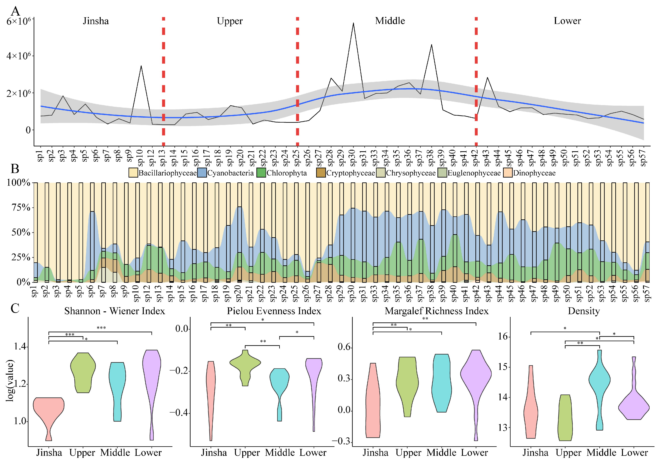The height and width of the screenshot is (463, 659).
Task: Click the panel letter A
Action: point(15,11)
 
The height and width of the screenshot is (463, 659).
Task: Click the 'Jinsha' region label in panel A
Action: point(96,21)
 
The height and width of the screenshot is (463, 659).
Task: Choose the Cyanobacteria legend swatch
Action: point(202,173)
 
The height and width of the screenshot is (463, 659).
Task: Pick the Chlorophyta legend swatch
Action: point(261,173)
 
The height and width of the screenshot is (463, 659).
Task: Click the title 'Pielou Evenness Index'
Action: point(274,311)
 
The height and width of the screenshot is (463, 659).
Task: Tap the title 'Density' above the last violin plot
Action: point(584,311)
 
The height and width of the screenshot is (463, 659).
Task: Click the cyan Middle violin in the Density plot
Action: point(600,381)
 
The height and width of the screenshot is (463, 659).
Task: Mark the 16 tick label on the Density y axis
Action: point(503,336)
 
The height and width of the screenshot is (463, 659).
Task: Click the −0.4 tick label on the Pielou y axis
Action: point(179,412)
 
